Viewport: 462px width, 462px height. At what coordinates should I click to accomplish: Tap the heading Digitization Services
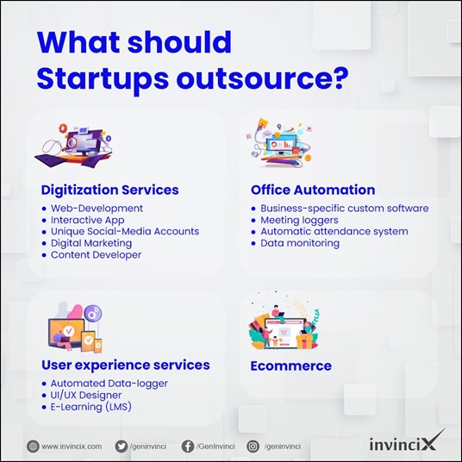point(110,190)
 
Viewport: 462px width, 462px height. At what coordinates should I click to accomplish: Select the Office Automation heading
point(313,190)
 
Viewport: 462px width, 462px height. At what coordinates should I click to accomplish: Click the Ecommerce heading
point(291,366)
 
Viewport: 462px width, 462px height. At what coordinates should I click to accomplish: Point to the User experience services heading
point(126,365)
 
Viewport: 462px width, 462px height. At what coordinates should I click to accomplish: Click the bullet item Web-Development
point(97,209)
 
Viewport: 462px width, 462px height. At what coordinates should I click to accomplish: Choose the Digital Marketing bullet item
point(91,243)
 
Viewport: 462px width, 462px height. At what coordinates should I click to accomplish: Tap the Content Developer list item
point(96,255)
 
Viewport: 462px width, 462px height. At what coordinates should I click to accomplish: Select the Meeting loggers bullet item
point(299,220)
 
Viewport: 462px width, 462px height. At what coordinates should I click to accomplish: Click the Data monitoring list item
point(300,243)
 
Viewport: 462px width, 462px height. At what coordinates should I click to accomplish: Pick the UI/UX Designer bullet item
point(85,395)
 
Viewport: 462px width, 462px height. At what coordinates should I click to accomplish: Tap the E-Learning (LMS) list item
point(91,407)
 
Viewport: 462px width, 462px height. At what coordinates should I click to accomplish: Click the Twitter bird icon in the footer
point(122,446)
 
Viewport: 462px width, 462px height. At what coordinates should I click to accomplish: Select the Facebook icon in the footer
point(188,446)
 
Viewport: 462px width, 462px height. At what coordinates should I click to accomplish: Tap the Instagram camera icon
point(253,446)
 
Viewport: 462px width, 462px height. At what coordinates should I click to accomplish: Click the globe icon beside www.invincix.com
point(33,446)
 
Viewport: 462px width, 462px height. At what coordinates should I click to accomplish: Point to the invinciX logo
point(407,441)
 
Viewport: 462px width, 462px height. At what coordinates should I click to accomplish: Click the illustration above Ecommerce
point(284,321)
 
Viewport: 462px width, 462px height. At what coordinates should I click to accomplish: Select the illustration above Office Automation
point(279,142)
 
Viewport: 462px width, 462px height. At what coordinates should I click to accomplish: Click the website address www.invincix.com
point(72,446)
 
